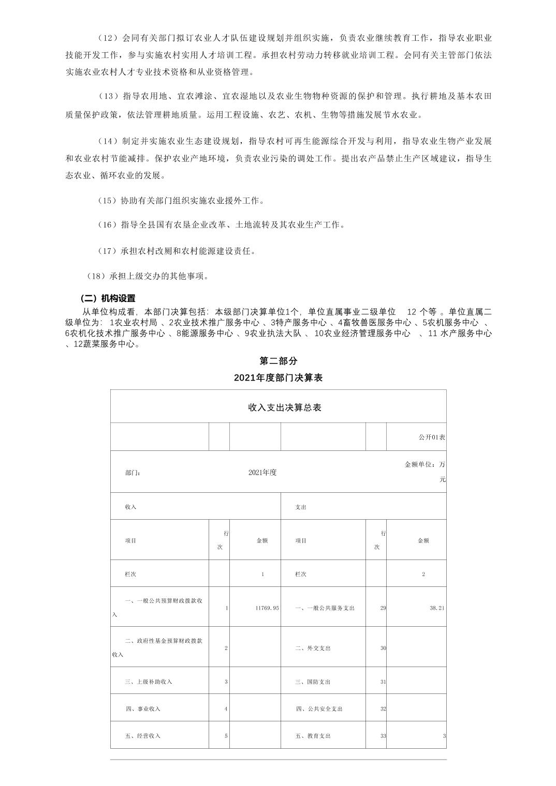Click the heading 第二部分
pyautogui.click(x=278, y=361)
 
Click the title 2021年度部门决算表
pyautogui.click(x=278, y=378)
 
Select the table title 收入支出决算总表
pyautogui.click(x=284, y=407)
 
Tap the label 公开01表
pyautogui.click(x=432, y=437)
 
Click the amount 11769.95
pyautogui.click(x=267, y=608)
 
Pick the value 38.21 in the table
pyautogui.click(x=437, y=608)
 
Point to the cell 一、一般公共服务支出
pyautogui.click(x=325, y=608)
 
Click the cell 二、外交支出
pyautogui.click(x=313, y=648)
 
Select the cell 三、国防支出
pyautogui.click(x=313, y=682)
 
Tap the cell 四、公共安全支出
pyautogui.click(x=319, y=708)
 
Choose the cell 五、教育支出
pyautogui.click(x=313, y=736)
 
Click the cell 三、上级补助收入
pyautogui.click(x=148, y=682)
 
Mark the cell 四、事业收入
pyautogui.click(x=143, y=708)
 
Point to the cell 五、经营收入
pyautogui.click(x=143, y=736)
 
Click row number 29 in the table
pyautogui.click(x=383, y=608)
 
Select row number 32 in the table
pyautogui.click(x=383, y=708)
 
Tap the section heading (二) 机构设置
pyautogui.click(x=108, y=298)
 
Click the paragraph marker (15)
pyautogui.click(x=108, y=201)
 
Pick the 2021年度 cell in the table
pyautogui.click(x=262, y=472)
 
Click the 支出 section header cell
pyautogui.click(x=301, y=507)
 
